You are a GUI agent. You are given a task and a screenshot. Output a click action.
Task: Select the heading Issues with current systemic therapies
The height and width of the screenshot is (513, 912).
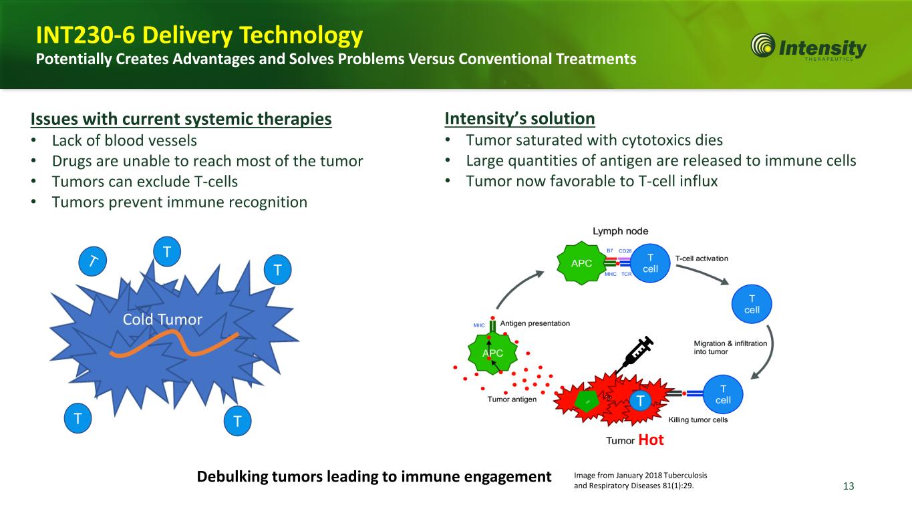pyautogui.click(x=181, y=120)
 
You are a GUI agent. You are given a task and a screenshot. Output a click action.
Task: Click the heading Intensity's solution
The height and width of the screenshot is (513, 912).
pyautogui.click(x=520, y=119)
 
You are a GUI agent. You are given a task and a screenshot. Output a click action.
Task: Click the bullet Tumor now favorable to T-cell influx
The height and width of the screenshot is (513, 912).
pyautogui.click(x=591, y=181)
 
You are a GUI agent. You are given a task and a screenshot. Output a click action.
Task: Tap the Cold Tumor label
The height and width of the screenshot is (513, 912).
pyautogui.click(x=162, y=319)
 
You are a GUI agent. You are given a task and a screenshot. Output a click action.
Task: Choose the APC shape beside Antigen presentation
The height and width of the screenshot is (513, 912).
pyautogui.click(x=492, y=353)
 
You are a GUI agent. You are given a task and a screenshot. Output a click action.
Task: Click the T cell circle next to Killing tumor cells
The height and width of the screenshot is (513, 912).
pyautogui.click(x=722, y=394)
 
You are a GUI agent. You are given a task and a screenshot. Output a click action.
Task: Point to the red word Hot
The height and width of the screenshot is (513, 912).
pyautogui.click(x=651, y=440)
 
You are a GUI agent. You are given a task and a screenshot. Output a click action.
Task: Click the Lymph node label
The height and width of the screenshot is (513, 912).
pyautogui.click(x=621, y=230)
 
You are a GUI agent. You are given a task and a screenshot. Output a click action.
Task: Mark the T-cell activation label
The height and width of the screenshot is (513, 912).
pyautogui.click(x=702, y=259)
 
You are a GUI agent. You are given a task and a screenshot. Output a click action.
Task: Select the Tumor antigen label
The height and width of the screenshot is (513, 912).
pyautogui.click(x=512, y=400)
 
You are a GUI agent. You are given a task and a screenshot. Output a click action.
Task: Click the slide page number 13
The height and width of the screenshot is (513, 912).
pyautogui.click(x=849, y=486)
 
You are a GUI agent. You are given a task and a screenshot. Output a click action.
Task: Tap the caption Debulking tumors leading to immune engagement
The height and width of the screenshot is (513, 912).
pyautogui.click(x=374, y=476)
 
